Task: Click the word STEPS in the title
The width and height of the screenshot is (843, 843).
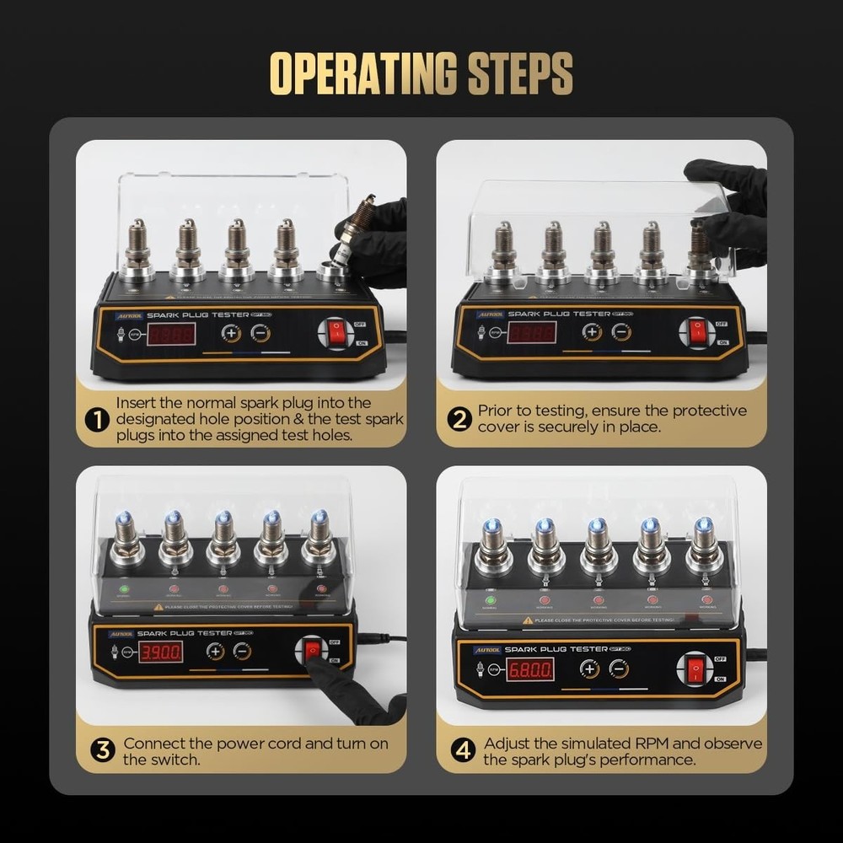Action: [515, 74]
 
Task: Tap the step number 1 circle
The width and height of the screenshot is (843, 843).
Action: [98, 419]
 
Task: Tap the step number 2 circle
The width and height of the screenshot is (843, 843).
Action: [459, 419]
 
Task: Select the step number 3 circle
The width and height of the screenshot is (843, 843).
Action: [103, 750]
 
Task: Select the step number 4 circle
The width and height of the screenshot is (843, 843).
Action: [463, 750]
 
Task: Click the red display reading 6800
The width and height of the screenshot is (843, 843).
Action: [530, 670]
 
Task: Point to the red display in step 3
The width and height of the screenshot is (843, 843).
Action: [160, 651]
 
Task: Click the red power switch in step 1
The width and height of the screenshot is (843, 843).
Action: [337, 333]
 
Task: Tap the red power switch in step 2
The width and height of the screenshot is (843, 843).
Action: [697, 331]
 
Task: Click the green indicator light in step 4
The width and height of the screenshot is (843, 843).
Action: [489, 599]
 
